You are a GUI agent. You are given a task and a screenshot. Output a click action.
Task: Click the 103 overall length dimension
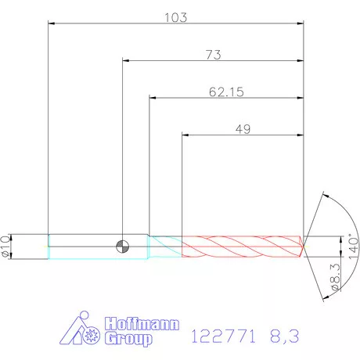(175, 18)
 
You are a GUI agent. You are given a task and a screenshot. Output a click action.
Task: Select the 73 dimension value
(214, 55)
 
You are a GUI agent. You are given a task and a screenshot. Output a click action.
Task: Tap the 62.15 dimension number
(226, 92)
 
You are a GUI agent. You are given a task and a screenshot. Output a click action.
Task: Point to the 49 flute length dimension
(243, 129)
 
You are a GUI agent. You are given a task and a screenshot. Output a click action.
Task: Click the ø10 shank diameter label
(5, 247)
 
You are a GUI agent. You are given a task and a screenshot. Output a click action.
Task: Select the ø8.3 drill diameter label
(336, 277)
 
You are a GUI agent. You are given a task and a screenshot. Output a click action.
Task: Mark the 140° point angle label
(354, 246)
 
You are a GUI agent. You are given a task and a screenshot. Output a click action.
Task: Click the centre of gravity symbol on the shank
(122, 247)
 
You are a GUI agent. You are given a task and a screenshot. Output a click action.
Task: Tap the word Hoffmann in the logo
(142, 324)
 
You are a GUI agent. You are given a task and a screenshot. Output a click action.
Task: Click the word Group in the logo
(128, 339)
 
